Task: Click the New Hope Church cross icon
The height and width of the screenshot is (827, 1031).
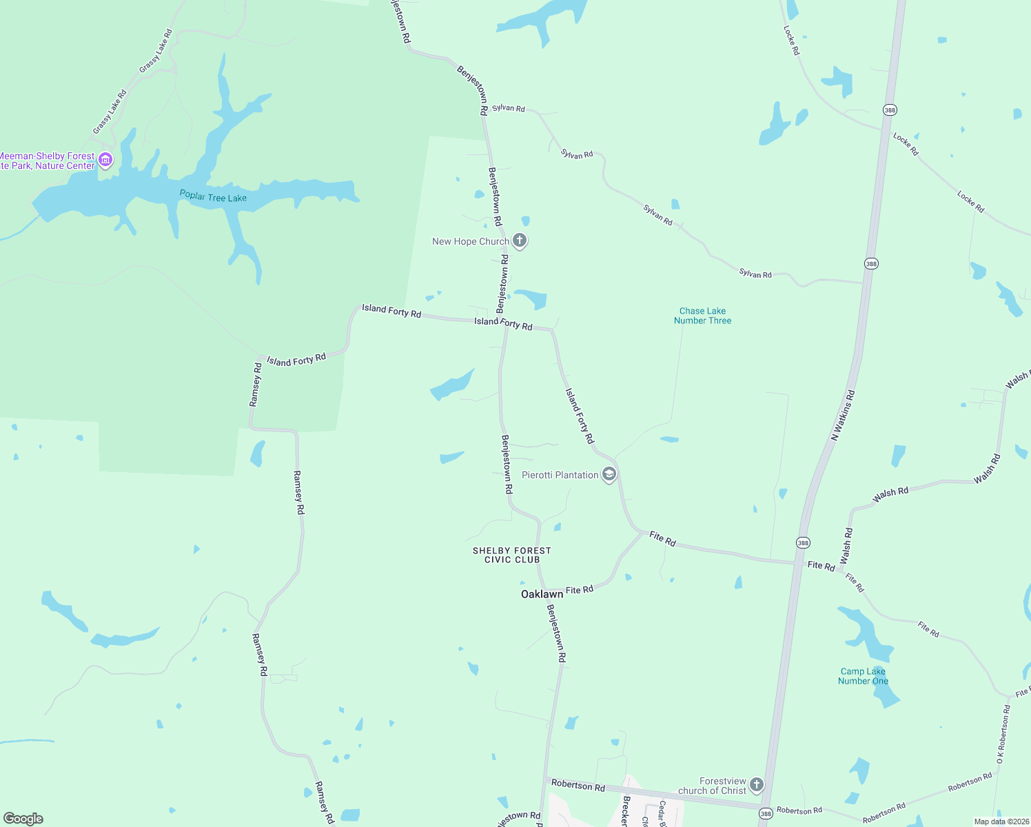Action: point(520,241)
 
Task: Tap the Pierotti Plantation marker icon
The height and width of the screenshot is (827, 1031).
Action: point(609,474)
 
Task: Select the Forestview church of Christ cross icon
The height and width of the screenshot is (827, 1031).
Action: point(757,785)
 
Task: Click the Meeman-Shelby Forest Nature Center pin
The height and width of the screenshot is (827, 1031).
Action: point(105,161)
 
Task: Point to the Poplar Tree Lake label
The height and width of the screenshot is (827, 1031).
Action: point(213,196)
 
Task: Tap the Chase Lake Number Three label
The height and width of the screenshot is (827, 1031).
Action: point(702,316)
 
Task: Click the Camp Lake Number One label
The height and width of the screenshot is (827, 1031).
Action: point(863,676)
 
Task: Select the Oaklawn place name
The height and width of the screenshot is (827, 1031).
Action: point(542,594)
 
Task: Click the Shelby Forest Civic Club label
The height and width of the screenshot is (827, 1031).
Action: point(511,555)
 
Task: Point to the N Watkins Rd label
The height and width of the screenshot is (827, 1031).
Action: point(843,415)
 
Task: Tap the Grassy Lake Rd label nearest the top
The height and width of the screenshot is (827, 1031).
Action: point(156,51)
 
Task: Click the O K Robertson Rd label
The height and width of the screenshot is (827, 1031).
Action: point(1003,733)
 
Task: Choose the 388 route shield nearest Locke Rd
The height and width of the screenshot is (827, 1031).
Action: point(890,110)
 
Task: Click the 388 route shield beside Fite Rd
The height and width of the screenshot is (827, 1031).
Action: point(803,543)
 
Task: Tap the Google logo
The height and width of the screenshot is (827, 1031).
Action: point(23,819)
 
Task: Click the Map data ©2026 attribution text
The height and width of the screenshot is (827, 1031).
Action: point(1001,821)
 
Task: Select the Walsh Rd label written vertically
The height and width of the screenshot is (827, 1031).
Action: point(847,546)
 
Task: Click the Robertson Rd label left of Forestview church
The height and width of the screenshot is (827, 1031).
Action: point(578,786)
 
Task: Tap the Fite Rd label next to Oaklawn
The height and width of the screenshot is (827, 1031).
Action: point(579,590)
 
